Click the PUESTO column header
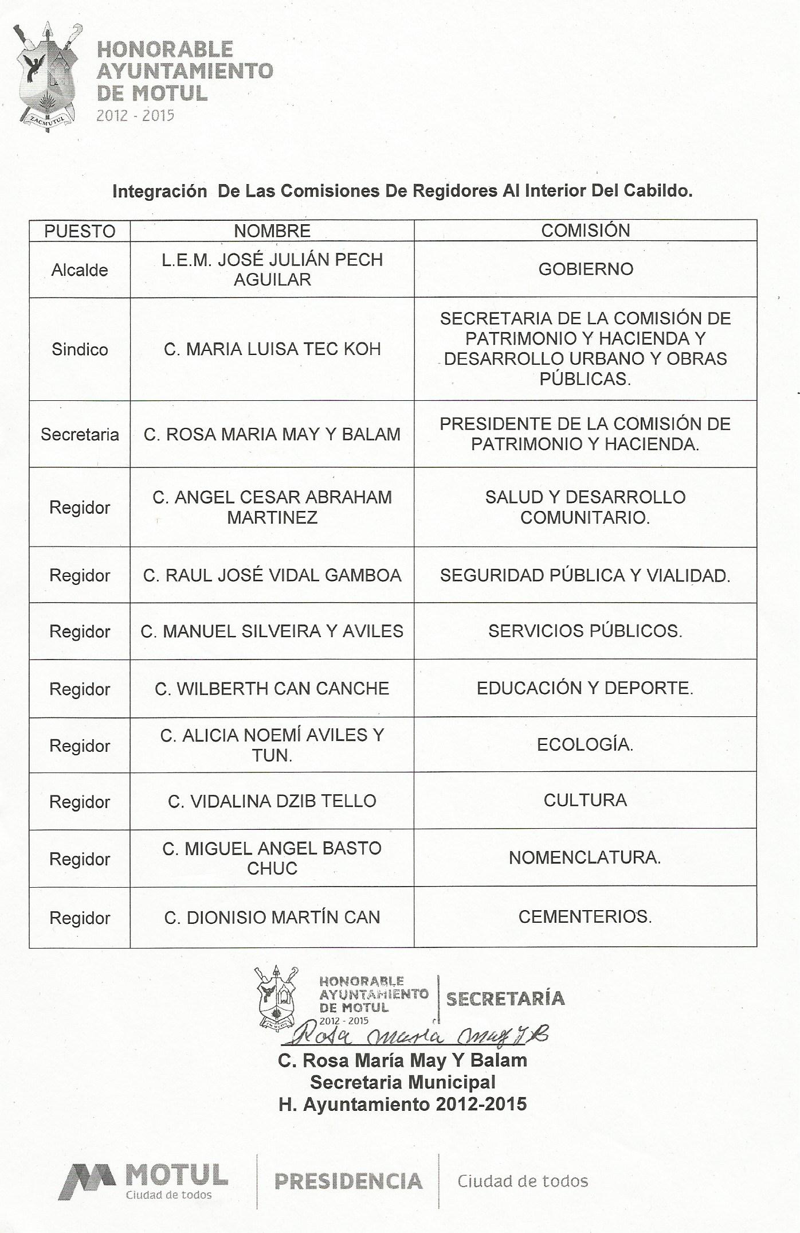[x=80, y=231]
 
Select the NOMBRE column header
[x=272, y=231]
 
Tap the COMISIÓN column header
[x=585, y=231]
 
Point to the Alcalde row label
[x=80, y=270]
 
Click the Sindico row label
[x=80, y=349]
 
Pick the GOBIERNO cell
[x=585, y=269]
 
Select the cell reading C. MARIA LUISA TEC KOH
[x=272, y=349]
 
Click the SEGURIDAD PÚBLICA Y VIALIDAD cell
[x=585, y=575]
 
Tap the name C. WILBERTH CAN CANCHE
[x=272, y=688]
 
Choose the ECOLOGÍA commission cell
[x=585, y=744]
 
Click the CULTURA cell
[x=585, y=800]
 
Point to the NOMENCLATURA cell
[x=585, y=857]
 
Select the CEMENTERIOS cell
[x=585, y=916]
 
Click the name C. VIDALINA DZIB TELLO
[x=272, y=801]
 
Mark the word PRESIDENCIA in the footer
[x=348, y=1181]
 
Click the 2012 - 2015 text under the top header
[x=135, y=115]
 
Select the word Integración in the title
[x=159, y=191]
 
